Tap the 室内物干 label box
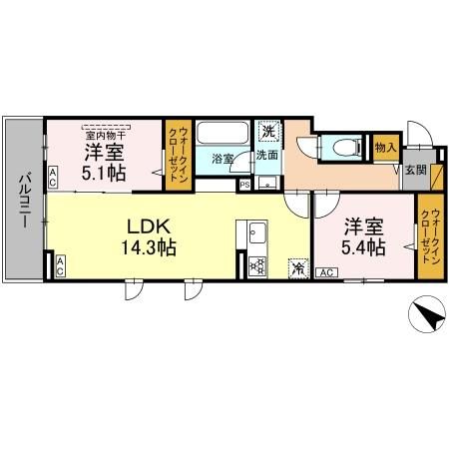(106, 134)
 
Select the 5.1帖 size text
(103, 173)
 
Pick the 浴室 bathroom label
(223, 159)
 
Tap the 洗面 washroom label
(266, 156)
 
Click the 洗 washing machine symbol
(267, 132)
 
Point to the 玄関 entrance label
(415, 171)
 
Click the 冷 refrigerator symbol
(298, 266)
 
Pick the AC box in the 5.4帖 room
(325, 272)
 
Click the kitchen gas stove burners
(256, 265)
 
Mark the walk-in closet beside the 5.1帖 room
(177, 156)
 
